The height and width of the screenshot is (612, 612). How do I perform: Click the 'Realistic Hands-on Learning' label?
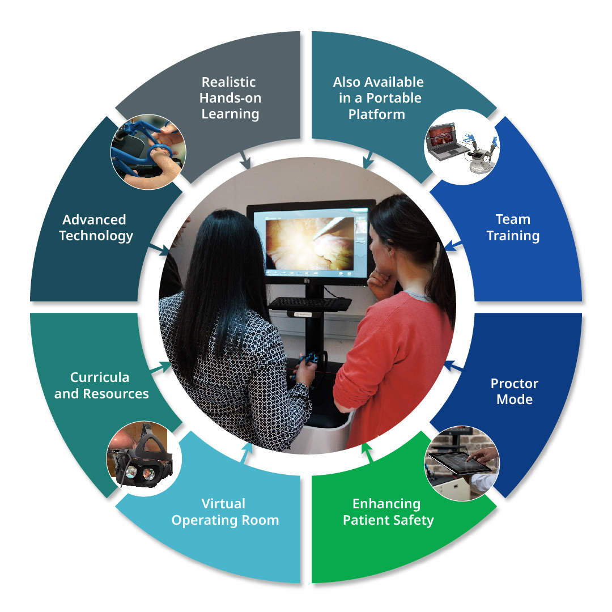point(230,98)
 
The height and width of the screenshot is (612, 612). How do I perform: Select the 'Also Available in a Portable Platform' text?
point(378,98)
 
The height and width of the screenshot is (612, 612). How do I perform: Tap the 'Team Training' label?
point(513,228)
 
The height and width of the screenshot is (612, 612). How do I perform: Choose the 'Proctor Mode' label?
point(515,391)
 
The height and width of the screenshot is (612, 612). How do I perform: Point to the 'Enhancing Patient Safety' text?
point(388,512)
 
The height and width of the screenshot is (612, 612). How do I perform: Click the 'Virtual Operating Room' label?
point(225,512)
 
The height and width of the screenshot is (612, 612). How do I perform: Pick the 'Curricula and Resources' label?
point(101,385)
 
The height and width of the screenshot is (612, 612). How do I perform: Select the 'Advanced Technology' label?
point(96,228)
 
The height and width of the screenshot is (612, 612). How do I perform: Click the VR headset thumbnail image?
point(144,458)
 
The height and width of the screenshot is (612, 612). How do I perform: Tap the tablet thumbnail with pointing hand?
point(462,464)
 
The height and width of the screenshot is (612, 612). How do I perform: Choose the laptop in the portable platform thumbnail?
point(445,141)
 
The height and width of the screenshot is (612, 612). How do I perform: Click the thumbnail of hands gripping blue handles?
point(148,152)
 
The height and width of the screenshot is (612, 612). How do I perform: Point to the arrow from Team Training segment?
point(453,245)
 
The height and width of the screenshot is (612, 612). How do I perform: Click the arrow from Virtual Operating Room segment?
point(246,453)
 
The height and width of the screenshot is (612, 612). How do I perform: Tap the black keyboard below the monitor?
point(310,303)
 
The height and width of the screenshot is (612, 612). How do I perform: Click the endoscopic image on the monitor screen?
point(309,244)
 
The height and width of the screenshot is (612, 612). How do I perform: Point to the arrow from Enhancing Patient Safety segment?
point(367,453)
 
